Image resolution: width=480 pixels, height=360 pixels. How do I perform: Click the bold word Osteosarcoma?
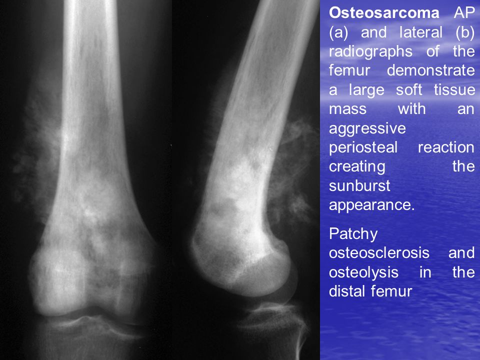pyautogui.click(x=384, y=13)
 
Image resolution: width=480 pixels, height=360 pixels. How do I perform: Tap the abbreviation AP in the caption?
pyautogui.click(x=464, y=13)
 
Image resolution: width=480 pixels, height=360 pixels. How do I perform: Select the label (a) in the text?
pyautogui.click(x=338, y=32)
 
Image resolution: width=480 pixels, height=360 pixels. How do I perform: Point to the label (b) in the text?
pyautogui.click(x=465, y=32)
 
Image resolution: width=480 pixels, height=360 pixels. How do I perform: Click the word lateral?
pyautogui.click(x=421, y=32)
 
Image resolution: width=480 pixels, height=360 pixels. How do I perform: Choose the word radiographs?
pyautogui.click(x=370, y=52)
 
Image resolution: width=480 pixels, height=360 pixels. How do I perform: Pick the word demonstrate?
pyautogui.click(x=430, y=70)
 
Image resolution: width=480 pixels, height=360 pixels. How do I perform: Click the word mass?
pyautogui.click(x=348, y=109)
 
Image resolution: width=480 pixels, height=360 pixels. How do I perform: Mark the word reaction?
pyautogui.click(x=446, y=147)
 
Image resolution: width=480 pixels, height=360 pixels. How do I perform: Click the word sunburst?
pyautogui.click(x=359, y=186)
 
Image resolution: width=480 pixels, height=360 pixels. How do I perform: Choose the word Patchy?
pyautogui.click(x=353, y=234)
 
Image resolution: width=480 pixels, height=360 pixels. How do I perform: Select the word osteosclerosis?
pyautogui.click(x=379, y=253)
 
